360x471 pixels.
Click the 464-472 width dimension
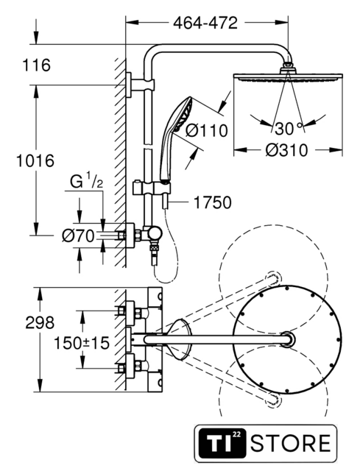pyautogui.click(x=205, y=23)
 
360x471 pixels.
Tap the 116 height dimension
pyautogui.click(x=37, y=65)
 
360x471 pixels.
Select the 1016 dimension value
pyautogui.click(x=35, y=160)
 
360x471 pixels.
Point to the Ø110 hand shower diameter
pyautogui.click(x=207, y=131)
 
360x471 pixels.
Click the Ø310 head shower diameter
pyautogui.click(x=286, y=150)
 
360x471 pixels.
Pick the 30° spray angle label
pyautogui.click(x=288, y=129)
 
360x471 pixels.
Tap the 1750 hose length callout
pyautogui.click(x=213, y=202)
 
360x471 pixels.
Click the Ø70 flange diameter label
pyautogui.click(x=78, y=235)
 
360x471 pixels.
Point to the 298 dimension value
pyautogui.click(x=40, y=323)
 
